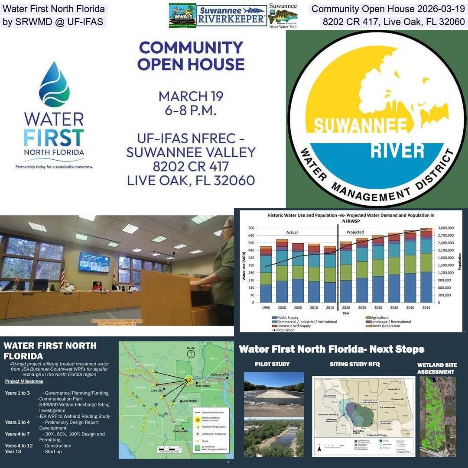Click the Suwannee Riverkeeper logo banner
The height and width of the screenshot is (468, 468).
(x=232, y=16)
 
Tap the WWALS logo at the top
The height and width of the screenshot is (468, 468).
(x=182, y=16)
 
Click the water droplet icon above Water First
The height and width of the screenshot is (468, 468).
(x=54, y=84)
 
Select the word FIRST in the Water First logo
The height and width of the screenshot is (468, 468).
(x=54, y=138)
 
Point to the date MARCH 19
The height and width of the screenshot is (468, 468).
(x=191, y=96)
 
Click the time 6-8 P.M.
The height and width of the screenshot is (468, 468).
(x=191, y=110)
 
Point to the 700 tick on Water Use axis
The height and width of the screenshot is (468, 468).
(x=251, y=228)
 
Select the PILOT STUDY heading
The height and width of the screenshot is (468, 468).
(x=272, y=364)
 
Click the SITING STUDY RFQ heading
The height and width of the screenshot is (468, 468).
(x=354, y=364)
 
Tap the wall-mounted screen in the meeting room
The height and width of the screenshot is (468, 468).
(x=94, y=262)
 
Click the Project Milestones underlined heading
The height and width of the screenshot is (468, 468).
(x=24, y=381)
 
